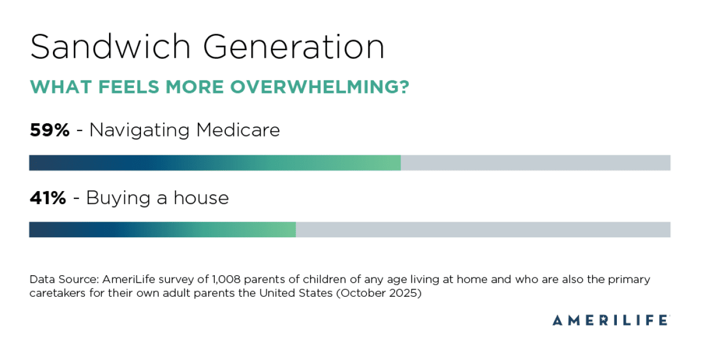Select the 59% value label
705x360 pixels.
point(49,130)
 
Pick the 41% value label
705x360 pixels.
point(47,198)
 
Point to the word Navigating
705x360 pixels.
point(140,130)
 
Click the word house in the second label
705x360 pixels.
point(201,198)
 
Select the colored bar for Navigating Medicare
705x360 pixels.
point(215,163)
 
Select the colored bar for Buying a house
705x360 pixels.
point(162,230)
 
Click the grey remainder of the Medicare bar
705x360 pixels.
point(535,163)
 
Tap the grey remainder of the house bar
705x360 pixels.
point(483,230)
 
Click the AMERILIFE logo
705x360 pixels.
point(611,320)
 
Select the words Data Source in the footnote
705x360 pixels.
point(59,280)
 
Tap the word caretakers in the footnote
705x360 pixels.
point(55,293)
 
